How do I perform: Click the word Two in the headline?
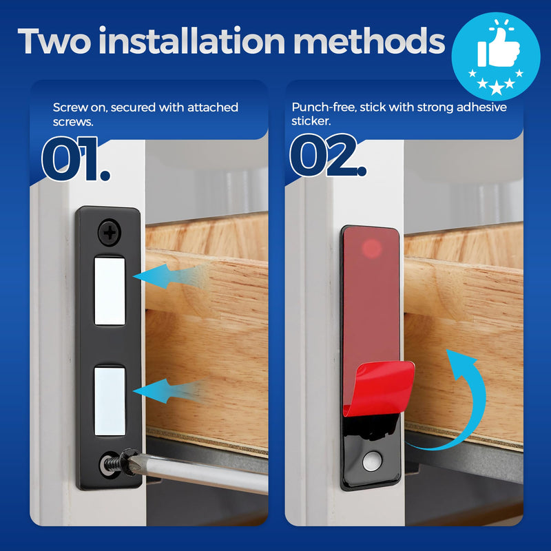click(x=54, y=41)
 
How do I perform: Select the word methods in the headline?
click(x=369, y=41)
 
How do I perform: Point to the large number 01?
click(x=75, y=159)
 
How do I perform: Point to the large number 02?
click(x=328, y=155)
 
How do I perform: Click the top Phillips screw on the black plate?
click(x=110, y=232)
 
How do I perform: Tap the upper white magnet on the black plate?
click(x=110, y=291)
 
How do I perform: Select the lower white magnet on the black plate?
click(x=110, y=402)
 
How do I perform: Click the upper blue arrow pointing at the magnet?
click(x=169, y=276)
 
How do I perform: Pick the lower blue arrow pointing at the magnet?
click(x=169, y=390)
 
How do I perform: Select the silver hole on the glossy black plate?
click(x=372, y=461)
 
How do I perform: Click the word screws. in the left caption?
click(x=73, y=122)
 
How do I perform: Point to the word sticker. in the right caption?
click(x=311, y=121)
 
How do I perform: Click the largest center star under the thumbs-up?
click(x=496, y=88)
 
